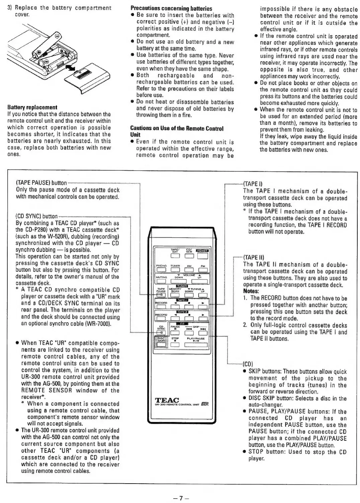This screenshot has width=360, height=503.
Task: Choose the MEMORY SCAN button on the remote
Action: tap(175, 295)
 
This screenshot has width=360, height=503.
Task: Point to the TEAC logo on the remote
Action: tap(167, 400)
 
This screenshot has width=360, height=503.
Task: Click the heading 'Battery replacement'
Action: tap(32, 107)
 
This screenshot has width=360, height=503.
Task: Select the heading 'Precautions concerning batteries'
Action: tap(171, 8)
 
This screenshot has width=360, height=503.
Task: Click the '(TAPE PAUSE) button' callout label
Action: tap(41, 183)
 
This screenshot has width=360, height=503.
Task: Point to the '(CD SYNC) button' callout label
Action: tap(37, 217)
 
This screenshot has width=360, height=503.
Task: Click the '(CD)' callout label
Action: tap(248, 364)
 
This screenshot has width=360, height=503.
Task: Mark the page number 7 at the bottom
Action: tap(180, 498)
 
